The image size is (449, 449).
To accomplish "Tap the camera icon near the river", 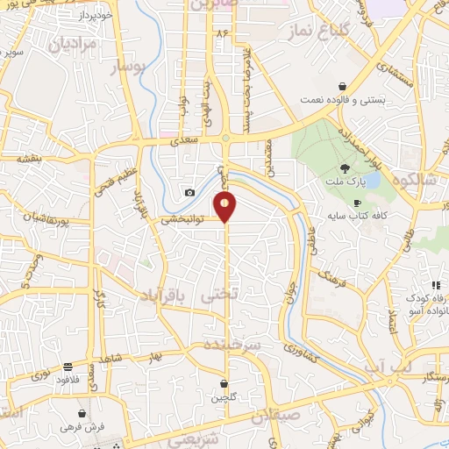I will click(189, 192).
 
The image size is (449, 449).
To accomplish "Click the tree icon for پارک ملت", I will click(346, 169).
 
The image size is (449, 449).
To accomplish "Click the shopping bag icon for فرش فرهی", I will click(82, 412).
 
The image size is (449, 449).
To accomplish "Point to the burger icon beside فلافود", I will click(68, 367).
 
